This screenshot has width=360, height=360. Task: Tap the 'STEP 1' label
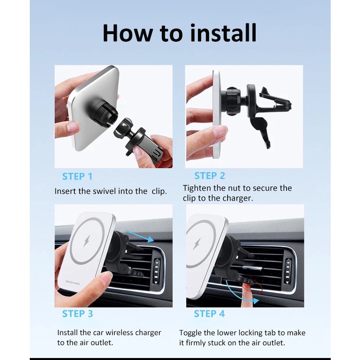tap(77, 177)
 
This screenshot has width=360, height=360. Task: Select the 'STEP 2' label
tap(209, 176)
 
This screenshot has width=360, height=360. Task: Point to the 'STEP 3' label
tap(77, 313)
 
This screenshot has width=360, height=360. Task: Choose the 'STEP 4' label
tap(209, 313)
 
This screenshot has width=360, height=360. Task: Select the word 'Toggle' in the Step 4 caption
tap(191, 334)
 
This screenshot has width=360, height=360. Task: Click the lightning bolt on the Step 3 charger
tap(87, 241)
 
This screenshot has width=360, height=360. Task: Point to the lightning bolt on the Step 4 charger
tap(196, 243)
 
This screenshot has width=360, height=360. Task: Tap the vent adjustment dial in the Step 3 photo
tap(157, 271)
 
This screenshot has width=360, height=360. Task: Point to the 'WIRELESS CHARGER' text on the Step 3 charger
tap(73, 282)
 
